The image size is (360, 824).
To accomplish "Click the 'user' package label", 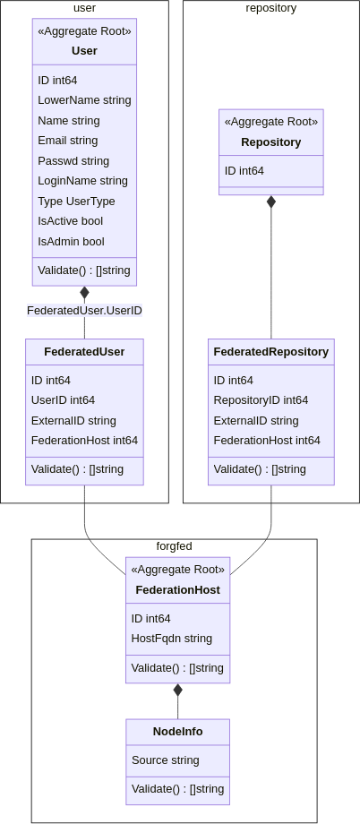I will point(84,8).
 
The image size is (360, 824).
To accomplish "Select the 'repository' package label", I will point(270,8).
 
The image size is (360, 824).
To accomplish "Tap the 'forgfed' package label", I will point(174,545).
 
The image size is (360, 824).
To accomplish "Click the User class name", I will point(84,51).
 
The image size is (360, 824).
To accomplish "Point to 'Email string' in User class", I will point(67,141).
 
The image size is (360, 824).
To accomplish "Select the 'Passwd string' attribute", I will point(73,161).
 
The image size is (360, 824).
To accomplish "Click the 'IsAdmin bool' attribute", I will point(71,242).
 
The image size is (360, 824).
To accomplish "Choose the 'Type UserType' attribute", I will point(76,202).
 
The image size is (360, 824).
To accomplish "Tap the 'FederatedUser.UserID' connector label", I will point(84,311).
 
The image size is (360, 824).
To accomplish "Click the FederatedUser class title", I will point(84,352).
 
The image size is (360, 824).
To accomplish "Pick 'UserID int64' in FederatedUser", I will point(63,400).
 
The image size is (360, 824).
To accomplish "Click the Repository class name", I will point(270,142).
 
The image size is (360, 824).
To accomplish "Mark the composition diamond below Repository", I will point(271,202).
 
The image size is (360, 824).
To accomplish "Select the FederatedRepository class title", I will point(270,352).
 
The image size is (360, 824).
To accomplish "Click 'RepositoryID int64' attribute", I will point(261,400).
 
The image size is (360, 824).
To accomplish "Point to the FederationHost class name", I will point(177,590).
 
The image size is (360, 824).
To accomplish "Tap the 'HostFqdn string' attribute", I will point(171,639).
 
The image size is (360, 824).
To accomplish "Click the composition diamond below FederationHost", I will point(177,690).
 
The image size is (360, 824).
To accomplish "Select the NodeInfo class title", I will point(177,732).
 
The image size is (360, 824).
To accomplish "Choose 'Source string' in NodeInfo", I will point(165,760).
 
